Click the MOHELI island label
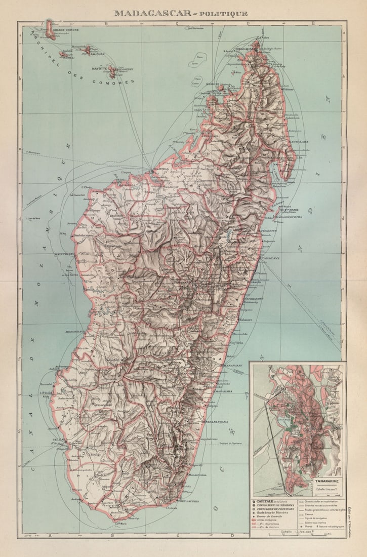[67, 58]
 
